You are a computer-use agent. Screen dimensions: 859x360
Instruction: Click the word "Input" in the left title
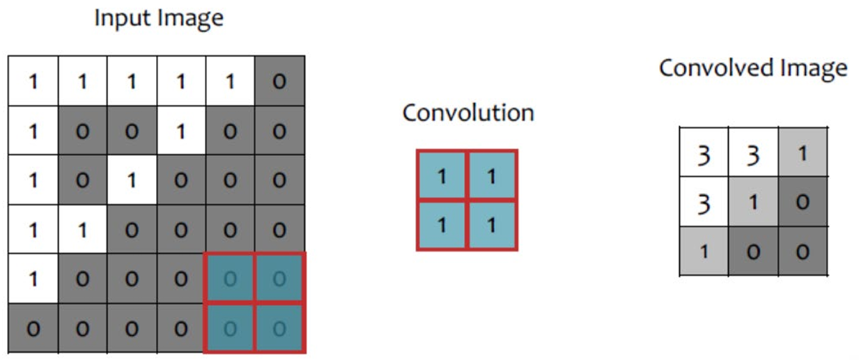click(x=117, y=18)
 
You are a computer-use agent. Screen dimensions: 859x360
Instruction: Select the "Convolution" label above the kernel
click(x=468, y=113)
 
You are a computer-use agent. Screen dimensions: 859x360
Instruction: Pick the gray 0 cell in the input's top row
click(x=279, y=81)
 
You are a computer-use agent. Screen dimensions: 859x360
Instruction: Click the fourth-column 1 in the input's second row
click(x=181, y=131)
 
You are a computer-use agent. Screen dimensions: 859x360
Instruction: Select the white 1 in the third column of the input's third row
click(x=132, y=180)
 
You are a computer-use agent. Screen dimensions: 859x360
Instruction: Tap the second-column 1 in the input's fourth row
click(x=82, y=230)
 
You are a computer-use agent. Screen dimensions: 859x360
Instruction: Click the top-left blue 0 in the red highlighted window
click(x=231, y=279)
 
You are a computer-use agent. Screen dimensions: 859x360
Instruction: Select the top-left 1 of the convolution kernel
click(x=442, y=175)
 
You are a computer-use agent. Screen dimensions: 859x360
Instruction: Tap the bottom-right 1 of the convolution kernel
click(x=491, y=225)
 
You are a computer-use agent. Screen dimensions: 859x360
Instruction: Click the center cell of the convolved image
click(x=753, y=203)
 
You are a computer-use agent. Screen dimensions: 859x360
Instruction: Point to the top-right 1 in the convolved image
click(x=802, y=153)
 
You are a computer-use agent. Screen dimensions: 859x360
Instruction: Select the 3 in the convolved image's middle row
click(x=704, y=203)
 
